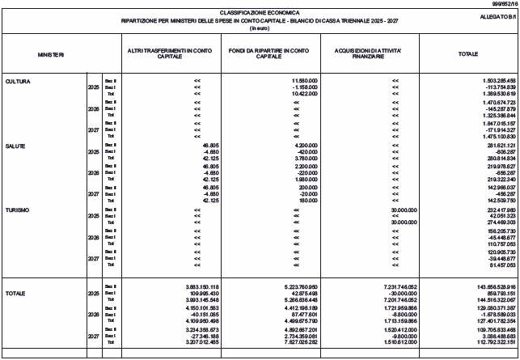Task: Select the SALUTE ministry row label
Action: (15, 146)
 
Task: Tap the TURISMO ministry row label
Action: (17, 210)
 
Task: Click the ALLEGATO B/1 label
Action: (497, 15)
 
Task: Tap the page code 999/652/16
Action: (502, 4)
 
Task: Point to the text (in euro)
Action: (259, 28)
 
